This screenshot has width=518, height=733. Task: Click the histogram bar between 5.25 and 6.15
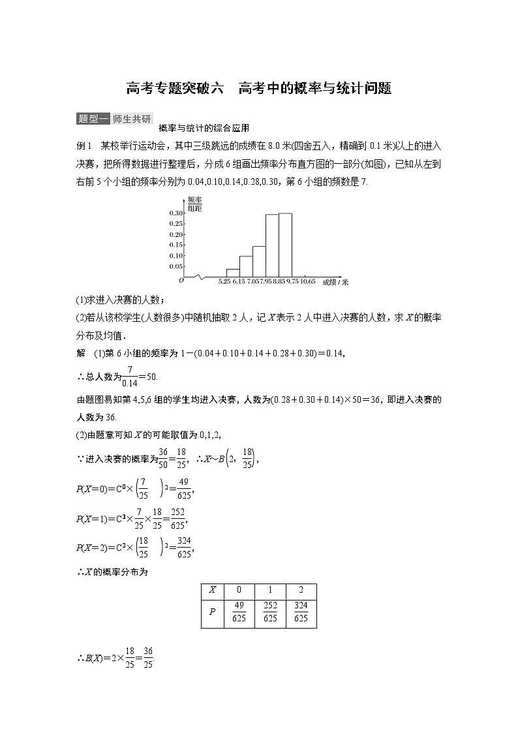click(x=233, y=272)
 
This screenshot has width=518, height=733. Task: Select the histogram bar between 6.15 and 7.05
click(x=246, y=266)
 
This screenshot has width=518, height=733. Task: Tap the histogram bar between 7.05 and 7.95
click(x=259, y=261)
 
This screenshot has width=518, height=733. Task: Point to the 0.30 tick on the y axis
click(x=176, y=213)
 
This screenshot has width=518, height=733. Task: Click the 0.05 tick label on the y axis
click(x=176, y=266)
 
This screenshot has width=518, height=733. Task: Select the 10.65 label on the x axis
click(x=309, y=281)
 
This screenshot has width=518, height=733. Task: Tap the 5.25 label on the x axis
click(x=225, y=281)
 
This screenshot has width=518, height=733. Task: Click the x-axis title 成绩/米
click(x=335, y=282)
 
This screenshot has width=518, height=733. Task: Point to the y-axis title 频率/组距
click(x=194, y=204)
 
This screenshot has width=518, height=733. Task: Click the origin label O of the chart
click(x=181, y=280)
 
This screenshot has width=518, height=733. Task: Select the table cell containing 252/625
click(x=269, y=612)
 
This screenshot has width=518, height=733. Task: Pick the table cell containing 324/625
click(x=301, y=612)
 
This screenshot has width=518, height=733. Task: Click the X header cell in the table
click(x=212, y=590)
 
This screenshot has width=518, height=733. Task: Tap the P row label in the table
click(x=212, y=612)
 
